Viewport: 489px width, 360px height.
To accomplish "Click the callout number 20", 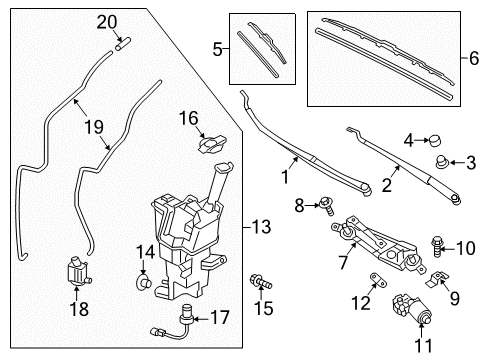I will tap(107, 21).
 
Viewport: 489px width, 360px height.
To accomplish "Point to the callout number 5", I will tap(218, 46).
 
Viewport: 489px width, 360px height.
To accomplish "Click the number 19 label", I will tap(92, 127).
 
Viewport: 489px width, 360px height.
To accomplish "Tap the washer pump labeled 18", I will tap(71, 270).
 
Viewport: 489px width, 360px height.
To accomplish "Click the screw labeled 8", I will tap(325, 205).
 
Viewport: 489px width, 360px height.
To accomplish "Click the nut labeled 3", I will tap(441, 162).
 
